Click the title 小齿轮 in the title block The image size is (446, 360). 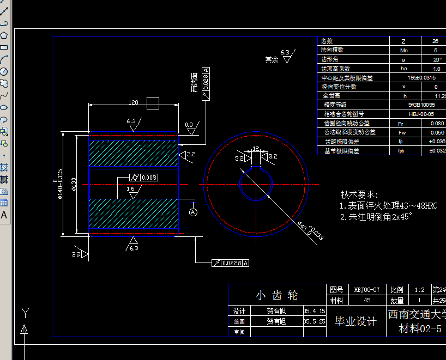(x=277, y=295)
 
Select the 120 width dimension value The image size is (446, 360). (x=133, y=102)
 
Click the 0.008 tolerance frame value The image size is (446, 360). (x=148, y=178)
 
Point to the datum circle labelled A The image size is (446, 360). (x=193, y=212)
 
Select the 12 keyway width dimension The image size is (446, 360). (x=255, y=149)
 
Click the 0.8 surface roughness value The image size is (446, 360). (x=189, y=125)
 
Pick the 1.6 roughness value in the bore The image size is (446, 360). (x=131, y=188)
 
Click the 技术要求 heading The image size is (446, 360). (x=359, y=194)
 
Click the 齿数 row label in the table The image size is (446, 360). (x=327, y=41)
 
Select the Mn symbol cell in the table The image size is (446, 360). (x=403, y=50)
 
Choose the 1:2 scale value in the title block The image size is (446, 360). (x=419, y=290)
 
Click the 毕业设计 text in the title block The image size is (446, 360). (x=355, y=321)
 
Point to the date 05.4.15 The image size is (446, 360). (x=315, y=311)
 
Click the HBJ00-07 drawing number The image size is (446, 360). (x=366, y=290)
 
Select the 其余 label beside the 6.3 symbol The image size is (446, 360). (x=272, y=59)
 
